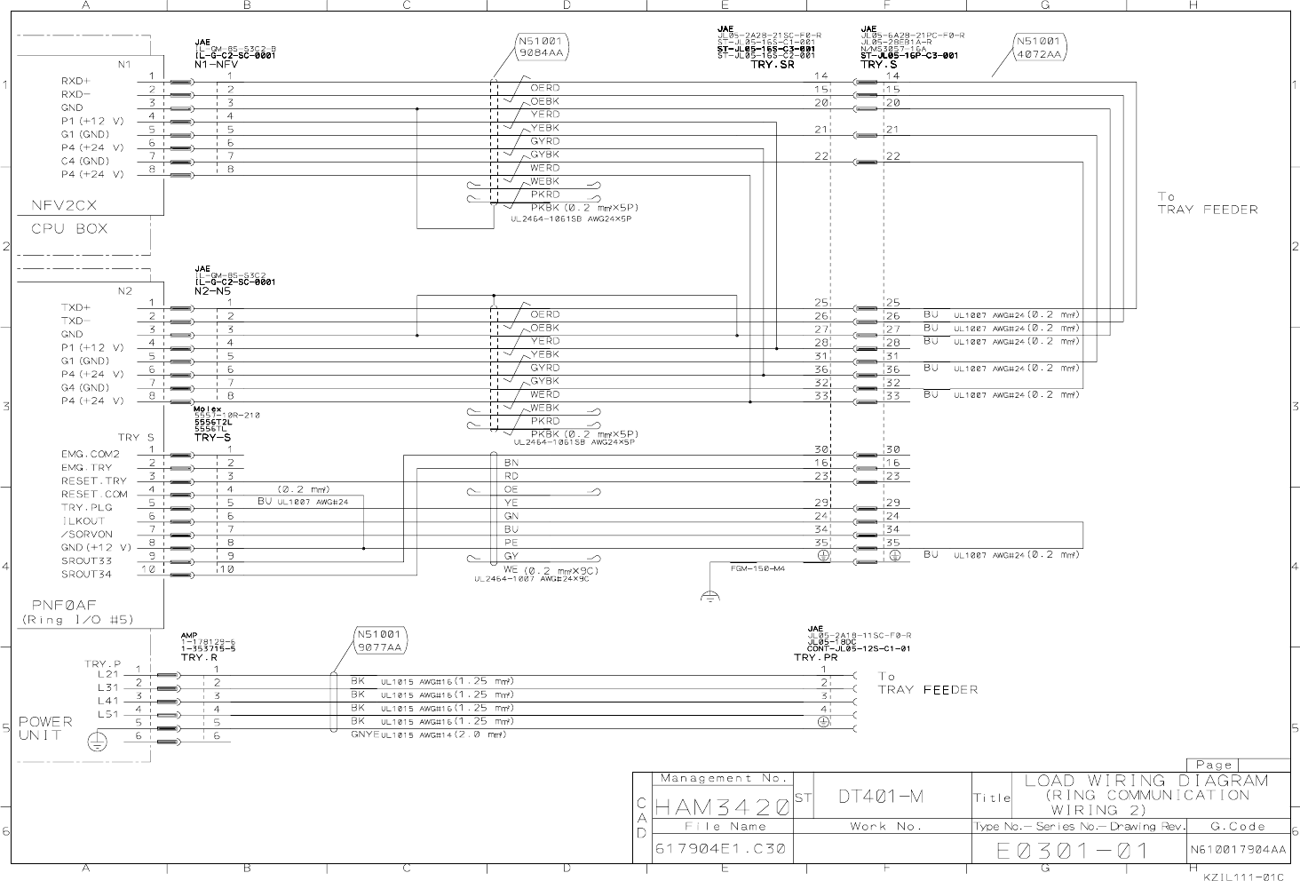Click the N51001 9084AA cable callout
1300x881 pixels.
[x=542, y=47]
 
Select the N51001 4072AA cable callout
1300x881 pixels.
[x=1039, y=47]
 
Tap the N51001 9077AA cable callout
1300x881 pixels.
[x=381, y=641]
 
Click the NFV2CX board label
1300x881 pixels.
[x=64, y=205]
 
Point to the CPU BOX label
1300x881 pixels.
[x=69, y=228]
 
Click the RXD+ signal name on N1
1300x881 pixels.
[x=75, y=81]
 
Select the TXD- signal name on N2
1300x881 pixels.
[x=75, y=321]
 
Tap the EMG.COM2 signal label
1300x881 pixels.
[x=90, y=454]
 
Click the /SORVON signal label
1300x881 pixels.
[x=87, y=535]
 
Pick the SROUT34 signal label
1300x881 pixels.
[x=87, y=574]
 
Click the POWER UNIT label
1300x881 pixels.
[x=41, y=728]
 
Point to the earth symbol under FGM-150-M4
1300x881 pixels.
[x=709, y=597]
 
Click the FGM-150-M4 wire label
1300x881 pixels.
[x=757, y=568]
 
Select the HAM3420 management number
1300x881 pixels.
[x=722, y=807]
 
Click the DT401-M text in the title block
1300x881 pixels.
[x=880, y=797]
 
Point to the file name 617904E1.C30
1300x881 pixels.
[x=720, y=848]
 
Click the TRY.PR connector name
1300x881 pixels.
[x=815, y=657]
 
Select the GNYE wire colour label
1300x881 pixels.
[x=365, y=734]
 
